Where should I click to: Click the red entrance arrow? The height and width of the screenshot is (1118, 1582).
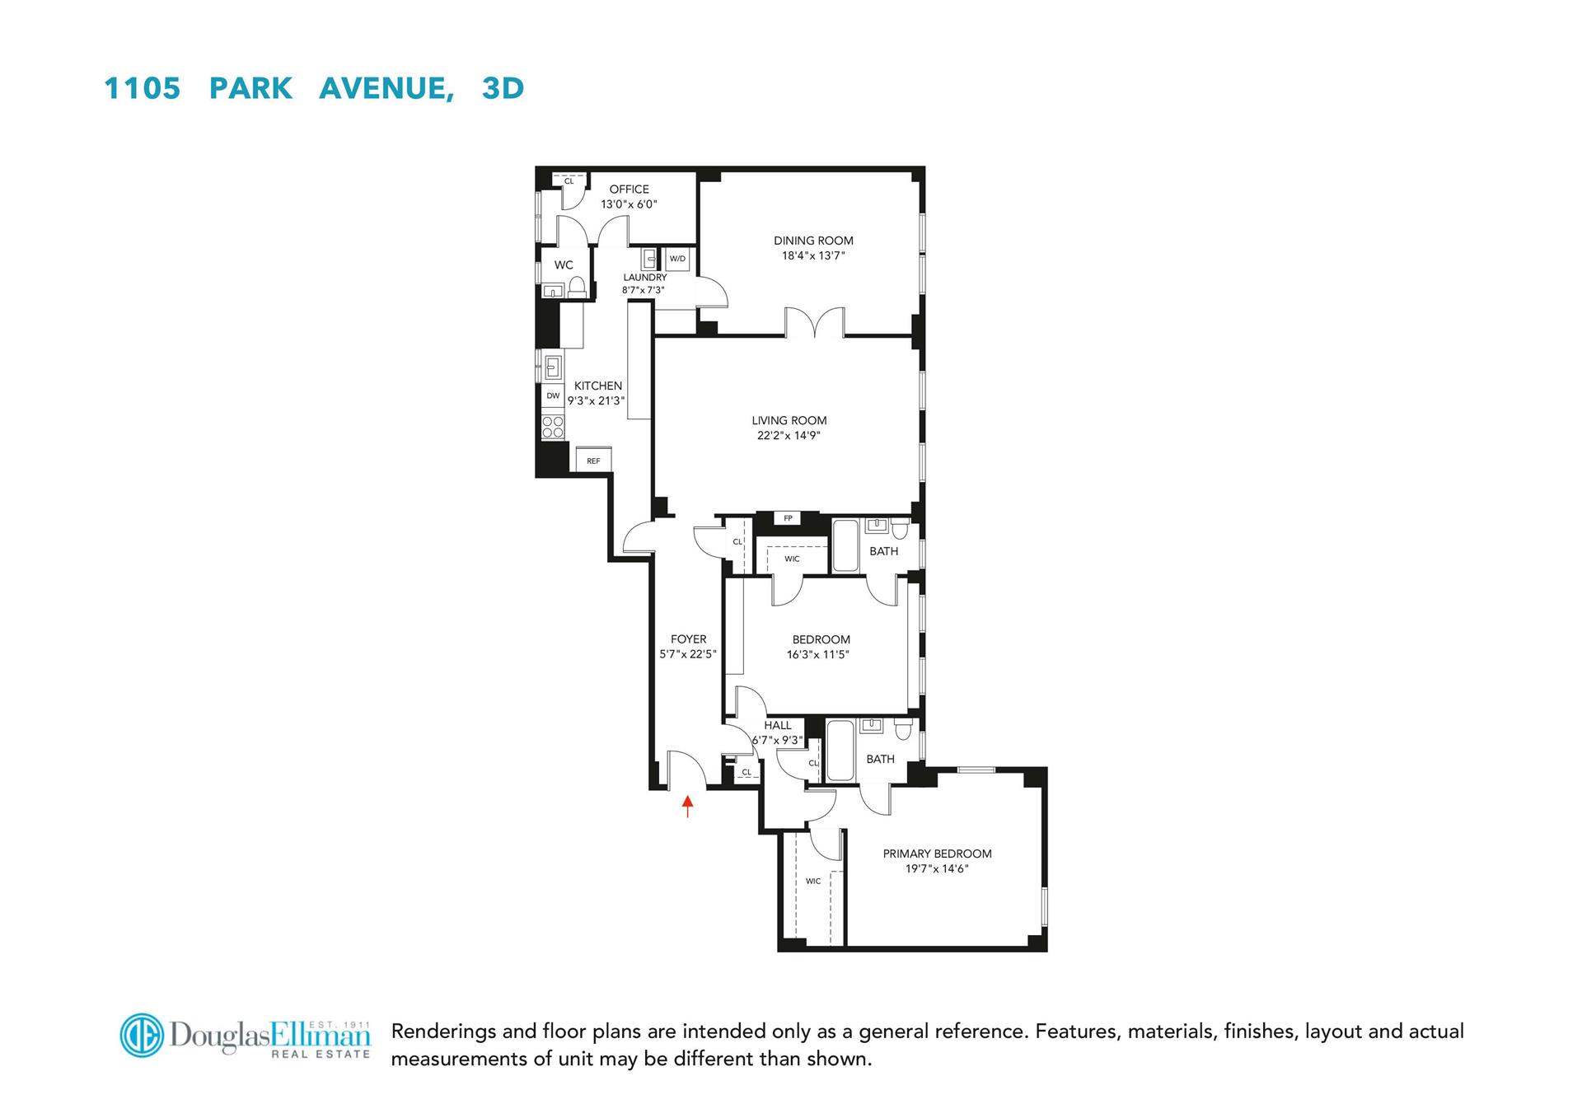tap(688, 805)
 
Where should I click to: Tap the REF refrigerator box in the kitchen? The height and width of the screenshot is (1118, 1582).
tap(593, 460)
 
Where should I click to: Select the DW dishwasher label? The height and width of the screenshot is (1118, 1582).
tap(553, 396)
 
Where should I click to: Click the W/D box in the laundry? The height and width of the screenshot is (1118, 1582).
tap(677, 259)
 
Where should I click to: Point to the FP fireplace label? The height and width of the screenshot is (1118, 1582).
tap(789, 518)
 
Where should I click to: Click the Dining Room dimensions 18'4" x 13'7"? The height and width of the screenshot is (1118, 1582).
tap(813, 256)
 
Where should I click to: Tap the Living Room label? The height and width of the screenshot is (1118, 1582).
tap(789, 420)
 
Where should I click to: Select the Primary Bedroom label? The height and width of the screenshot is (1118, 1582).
tap(937, 854)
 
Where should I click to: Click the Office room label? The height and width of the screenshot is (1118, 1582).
tap(629, 189)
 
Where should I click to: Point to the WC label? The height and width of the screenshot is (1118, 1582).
tap(564, 265)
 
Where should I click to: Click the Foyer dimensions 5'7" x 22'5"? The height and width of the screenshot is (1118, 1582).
tap(688, 654)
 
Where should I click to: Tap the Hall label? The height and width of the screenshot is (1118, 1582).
tap(777, 726)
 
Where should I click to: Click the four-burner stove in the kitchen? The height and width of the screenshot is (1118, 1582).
tap(553, 427)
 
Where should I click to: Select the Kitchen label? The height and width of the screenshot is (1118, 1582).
tap(598, 386)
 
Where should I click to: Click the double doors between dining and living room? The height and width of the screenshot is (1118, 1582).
tap(814, 323)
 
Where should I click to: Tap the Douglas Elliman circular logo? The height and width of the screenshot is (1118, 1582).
tap(142, 1035)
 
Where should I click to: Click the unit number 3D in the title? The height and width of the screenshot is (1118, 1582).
tap(503, 88)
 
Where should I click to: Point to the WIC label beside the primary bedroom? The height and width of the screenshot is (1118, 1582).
tap(813, 882)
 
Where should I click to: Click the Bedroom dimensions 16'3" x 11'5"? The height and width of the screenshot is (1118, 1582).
tap(817, 655)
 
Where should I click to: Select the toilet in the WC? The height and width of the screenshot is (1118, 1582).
tap(577, 287)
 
